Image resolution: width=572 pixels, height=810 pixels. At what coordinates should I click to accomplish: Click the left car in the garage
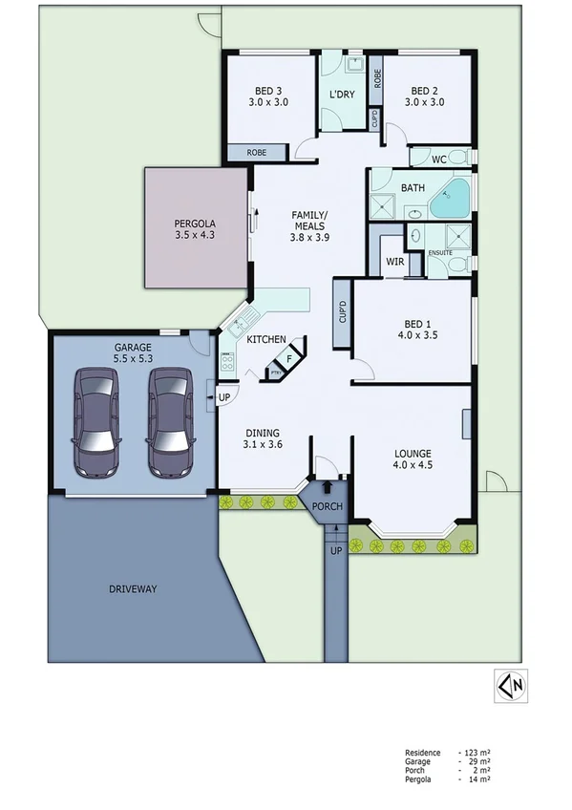point(96,423)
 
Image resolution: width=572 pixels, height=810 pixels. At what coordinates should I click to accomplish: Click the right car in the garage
point(171,423)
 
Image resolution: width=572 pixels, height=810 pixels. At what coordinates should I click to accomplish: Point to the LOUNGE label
point(413,454)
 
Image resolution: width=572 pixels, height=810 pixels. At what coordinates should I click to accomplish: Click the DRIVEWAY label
point(132,588)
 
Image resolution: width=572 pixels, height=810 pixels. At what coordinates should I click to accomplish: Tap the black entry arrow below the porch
point(328,517)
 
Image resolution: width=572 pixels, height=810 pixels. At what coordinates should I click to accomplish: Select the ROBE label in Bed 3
point(257,152)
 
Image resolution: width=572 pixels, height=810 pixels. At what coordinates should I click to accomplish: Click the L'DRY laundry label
point(342,96)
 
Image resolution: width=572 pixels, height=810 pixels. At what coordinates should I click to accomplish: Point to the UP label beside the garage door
point(224,395)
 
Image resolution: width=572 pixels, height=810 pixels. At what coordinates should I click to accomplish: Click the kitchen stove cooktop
point(228,362)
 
